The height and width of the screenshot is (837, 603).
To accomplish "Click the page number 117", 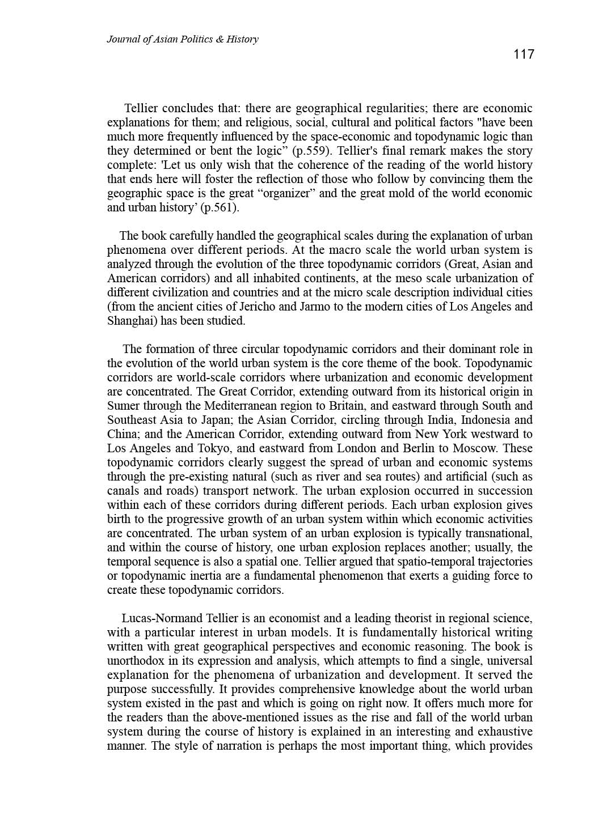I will [x=524, y=54].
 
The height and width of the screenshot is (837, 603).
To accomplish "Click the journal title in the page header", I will [x=182, y=39].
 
